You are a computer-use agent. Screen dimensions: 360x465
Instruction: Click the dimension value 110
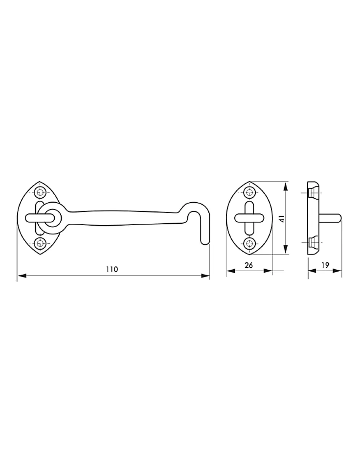[x=112, y=269]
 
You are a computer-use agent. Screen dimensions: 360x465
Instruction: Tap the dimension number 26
[x=249, y=265]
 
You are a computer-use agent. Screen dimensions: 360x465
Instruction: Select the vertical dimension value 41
[x=282, y=219]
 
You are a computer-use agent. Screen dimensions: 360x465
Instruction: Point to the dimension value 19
[x=325, y=265]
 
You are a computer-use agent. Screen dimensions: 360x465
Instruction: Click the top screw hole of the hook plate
[x=40, y=192]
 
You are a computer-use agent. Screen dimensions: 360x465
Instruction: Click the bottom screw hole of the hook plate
[x=40, y=243]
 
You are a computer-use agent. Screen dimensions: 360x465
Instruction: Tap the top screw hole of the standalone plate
[x=249, y=192]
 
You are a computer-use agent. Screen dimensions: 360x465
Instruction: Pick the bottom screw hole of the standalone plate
[x=249, y=243]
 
